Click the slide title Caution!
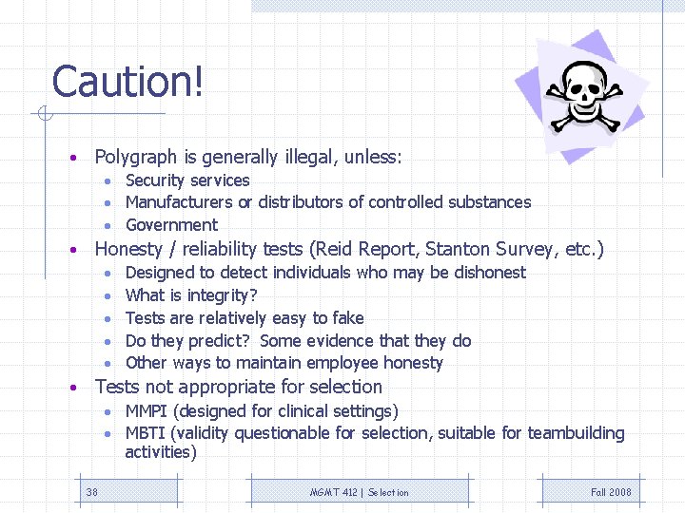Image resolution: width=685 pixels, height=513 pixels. (x=127, y=82)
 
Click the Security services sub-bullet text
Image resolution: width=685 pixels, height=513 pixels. (x=187, y=180)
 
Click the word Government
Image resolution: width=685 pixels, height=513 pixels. (x=171, y=225)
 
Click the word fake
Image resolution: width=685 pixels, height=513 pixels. (x=345, y=318)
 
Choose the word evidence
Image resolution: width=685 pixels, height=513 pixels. (x=348, y=341)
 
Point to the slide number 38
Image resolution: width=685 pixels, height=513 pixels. (x=92, y=492)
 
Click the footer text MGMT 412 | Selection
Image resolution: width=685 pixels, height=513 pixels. (x=360, y=492)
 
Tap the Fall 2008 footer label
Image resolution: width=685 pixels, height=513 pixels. (x=611, y=492)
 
